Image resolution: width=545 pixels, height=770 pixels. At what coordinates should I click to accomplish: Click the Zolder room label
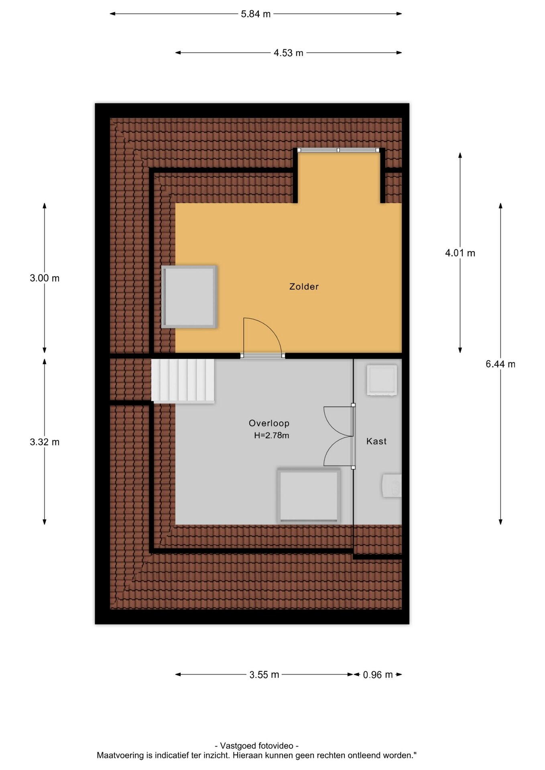(x=304, y=287)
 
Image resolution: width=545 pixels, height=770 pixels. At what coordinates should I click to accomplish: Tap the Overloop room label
(x=269, y=423)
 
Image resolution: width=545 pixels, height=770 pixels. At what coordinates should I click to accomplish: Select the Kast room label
(x=376, y=441)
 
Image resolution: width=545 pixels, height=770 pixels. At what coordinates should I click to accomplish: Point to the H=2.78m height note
(x=271, y=435)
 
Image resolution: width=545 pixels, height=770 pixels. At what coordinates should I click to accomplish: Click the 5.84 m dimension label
(x=256, y=14)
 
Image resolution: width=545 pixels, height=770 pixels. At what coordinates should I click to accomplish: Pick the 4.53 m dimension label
(x=289, y=53)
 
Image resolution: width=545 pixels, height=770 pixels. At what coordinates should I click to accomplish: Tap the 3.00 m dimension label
(x=45, y=278)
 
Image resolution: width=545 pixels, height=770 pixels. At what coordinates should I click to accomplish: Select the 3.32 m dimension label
(x=45, y=442)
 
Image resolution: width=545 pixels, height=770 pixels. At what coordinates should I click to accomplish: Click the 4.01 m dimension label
(x=460, y=253)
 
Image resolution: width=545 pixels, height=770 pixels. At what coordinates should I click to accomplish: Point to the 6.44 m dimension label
(x=500, y=364)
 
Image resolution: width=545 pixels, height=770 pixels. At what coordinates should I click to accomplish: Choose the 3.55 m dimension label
(x=264, y=675)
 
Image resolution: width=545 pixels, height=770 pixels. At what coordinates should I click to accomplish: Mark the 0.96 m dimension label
(x=378, y=675)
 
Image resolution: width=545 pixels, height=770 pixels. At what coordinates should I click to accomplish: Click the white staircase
(x=183, y=381)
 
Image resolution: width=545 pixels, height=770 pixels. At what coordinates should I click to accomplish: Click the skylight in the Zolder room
(x=189, y=297)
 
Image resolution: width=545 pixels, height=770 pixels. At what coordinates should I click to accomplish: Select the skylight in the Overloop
(x=309, y=496)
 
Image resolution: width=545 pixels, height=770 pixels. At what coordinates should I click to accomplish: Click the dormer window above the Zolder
(x=338, y=150)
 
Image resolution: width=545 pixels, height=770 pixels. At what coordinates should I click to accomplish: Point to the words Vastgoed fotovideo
(x=257, y=746)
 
